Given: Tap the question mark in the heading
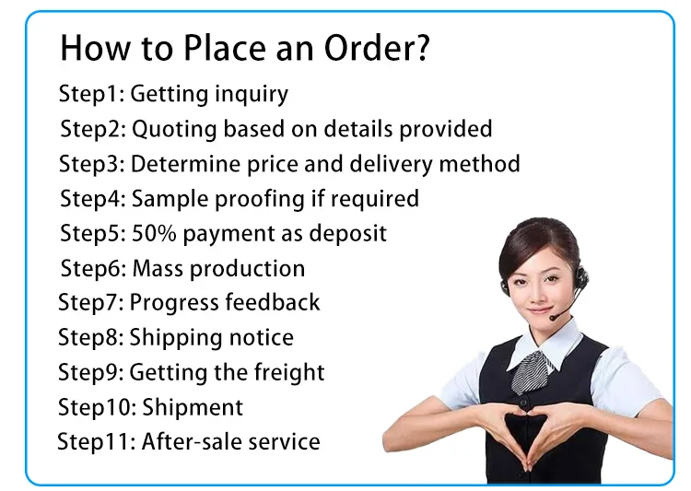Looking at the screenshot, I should tap(420, 47).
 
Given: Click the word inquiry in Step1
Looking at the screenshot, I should tap(252, 95).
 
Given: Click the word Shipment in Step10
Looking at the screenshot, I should tap(192, 407).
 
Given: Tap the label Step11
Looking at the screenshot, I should tap(95, 441).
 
